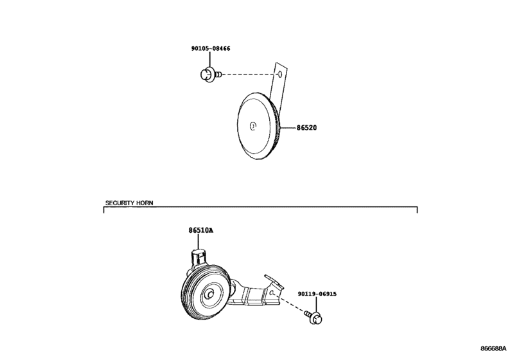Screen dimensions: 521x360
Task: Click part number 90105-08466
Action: [211, 48]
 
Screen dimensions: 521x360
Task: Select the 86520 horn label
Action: [306, 128]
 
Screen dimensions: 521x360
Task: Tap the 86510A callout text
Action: [201, 230]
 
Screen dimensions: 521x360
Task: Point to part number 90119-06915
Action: [317, 294]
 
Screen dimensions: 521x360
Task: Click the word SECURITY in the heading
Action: [119, 203]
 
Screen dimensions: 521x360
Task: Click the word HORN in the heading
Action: [145, 203]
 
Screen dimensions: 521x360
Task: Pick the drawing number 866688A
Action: [493, 348]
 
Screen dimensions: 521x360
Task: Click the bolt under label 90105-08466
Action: [211, 75]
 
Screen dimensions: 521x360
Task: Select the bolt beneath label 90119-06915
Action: [314, 318]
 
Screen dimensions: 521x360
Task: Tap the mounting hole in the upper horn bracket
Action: [279, 74]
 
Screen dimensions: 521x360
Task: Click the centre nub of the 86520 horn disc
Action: [253, 125]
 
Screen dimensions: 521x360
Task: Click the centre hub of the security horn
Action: [210, 294]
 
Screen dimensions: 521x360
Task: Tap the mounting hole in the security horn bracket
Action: [272, 292]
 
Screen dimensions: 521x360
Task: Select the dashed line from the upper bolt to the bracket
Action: [249, 75]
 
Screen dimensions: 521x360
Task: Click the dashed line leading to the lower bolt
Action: [288, 303]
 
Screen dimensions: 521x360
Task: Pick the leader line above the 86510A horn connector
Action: [199, 241]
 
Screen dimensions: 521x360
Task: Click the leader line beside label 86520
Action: [288, 127]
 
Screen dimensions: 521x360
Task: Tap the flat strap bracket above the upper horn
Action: [278, 82]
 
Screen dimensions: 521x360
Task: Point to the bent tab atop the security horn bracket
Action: [274, 281]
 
